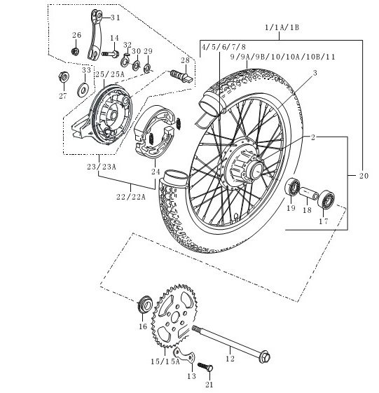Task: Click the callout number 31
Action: (x=116, y=18)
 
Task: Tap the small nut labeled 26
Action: (x=75, y=51)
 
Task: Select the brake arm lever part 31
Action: (x=95, y=34)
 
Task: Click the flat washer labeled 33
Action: (x=83, y=90)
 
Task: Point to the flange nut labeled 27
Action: (x=64, y=76)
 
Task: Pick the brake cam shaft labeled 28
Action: (x=181, y=76)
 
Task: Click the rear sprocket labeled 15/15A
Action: (x=173, y=316)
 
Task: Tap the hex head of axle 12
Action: (x=265, y=357)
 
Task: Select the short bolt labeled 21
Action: (x=205, y=366)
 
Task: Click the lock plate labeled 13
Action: (x=184, y=355)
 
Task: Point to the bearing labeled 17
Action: (x=326, y=200)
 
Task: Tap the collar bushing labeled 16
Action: (x=145, y=304)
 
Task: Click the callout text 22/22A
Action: (x=131, y=197)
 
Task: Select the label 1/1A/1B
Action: (x=282, y=27)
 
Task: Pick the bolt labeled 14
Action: (x=111, y=54)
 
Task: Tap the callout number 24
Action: (x=156, y=172)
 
